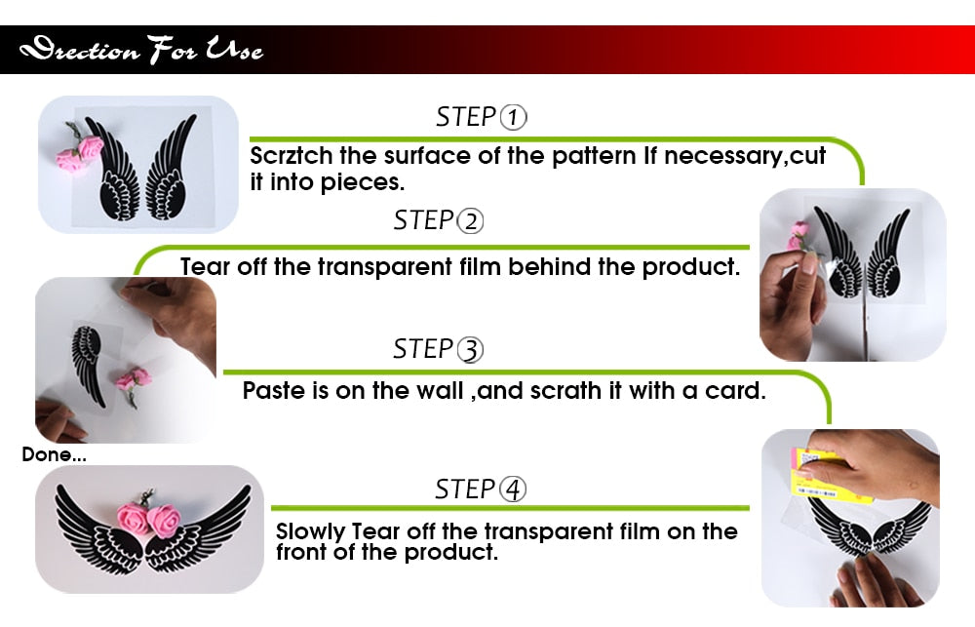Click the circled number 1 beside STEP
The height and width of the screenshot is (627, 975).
pyautogui.click(x=514, y=117)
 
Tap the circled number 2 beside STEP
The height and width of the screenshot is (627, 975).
pyautogui.click(x=470, y=221)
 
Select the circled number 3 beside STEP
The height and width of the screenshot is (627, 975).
pyautogui.click(x=470, y=349)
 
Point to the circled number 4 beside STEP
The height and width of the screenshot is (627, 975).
pyautogui.click(x=513, y=490)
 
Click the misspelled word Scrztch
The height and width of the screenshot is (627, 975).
pyautogui.click(x=291, y=155)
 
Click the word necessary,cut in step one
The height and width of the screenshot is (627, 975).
pyautogui.click(x=745, y=155)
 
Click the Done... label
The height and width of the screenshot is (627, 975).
pyautogui.click(x=54, y=454)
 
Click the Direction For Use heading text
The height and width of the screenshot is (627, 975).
pyautogui.click(x=141, y=50)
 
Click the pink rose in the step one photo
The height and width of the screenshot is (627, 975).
pyautogui.click(x=81, y=153)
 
